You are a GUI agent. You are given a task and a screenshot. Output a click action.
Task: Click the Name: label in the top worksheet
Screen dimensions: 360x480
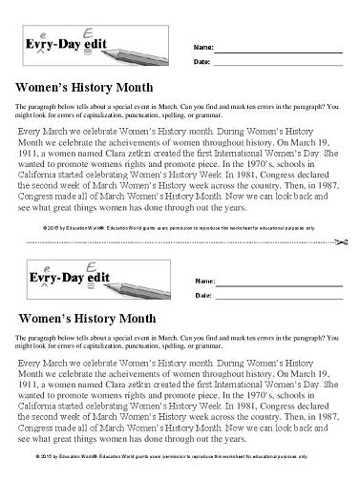click(x=203, y=47)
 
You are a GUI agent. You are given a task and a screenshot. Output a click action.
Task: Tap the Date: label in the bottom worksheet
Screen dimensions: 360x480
click(x=202, y=297)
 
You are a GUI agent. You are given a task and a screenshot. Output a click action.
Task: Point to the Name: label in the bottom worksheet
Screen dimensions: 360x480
click(x=203, y=282)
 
